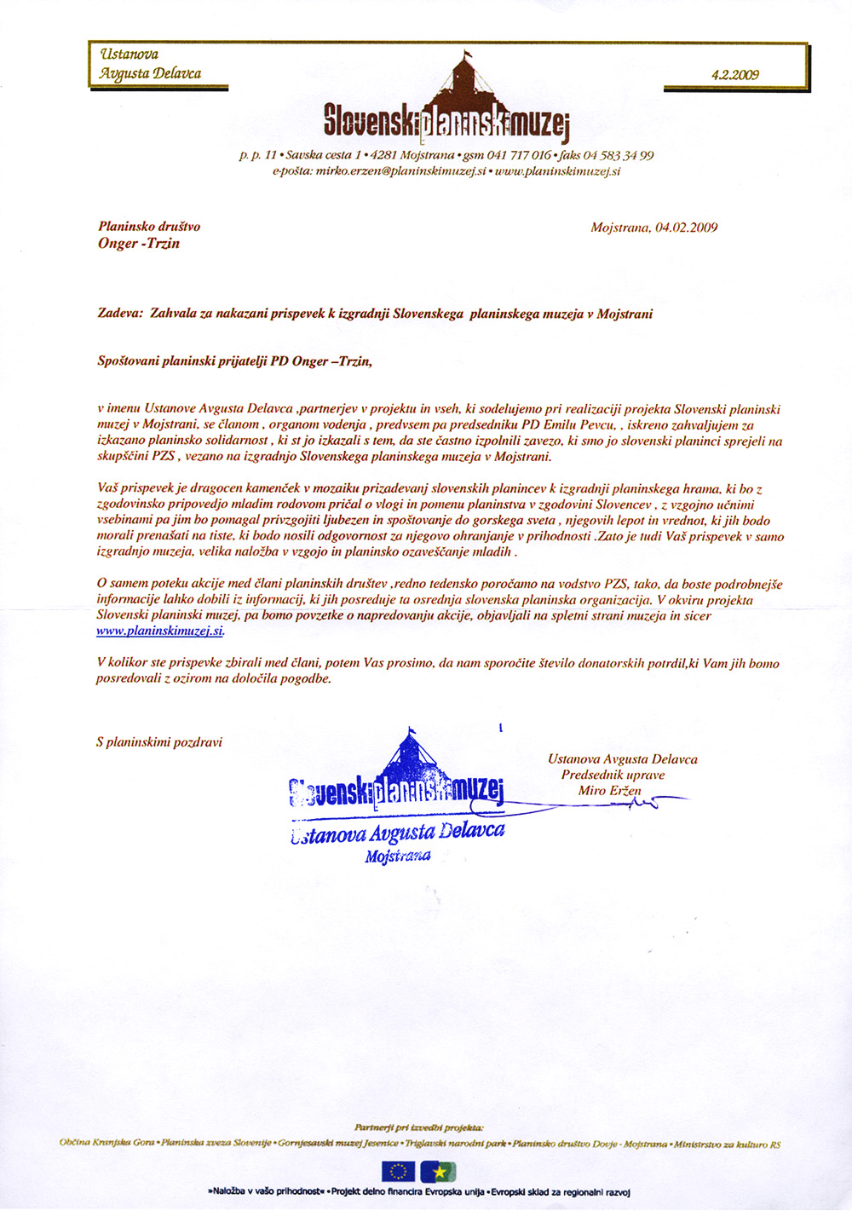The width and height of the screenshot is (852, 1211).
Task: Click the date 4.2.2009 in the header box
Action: coord(734,74)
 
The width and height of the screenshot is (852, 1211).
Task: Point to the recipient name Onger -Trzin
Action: coord(139,243)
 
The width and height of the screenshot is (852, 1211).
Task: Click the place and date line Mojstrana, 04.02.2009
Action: coord(653,228)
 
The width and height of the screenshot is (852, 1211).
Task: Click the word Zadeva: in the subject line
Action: coord(120,314)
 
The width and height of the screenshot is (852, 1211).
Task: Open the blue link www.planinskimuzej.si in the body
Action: coord(160,631)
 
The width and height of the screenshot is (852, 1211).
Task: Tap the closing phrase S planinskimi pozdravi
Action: coord(158,742)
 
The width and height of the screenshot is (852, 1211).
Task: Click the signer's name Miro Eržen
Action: coord(609,791)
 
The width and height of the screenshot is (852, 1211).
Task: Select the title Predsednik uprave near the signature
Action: coord(613,775)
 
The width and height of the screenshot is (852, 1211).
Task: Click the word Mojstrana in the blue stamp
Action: coord(398,856)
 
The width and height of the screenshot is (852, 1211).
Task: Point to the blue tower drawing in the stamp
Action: coord(412,753)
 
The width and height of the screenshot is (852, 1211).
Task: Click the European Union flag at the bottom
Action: coord(398,1172)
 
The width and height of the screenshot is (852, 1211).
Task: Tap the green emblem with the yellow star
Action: coord(439,1172)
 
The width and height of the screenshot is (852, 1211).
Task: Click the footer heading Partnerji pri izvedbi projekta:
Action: coord(419,1127)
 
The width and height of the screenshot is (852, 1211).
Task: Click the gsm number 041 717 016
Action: coord(519,155)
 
